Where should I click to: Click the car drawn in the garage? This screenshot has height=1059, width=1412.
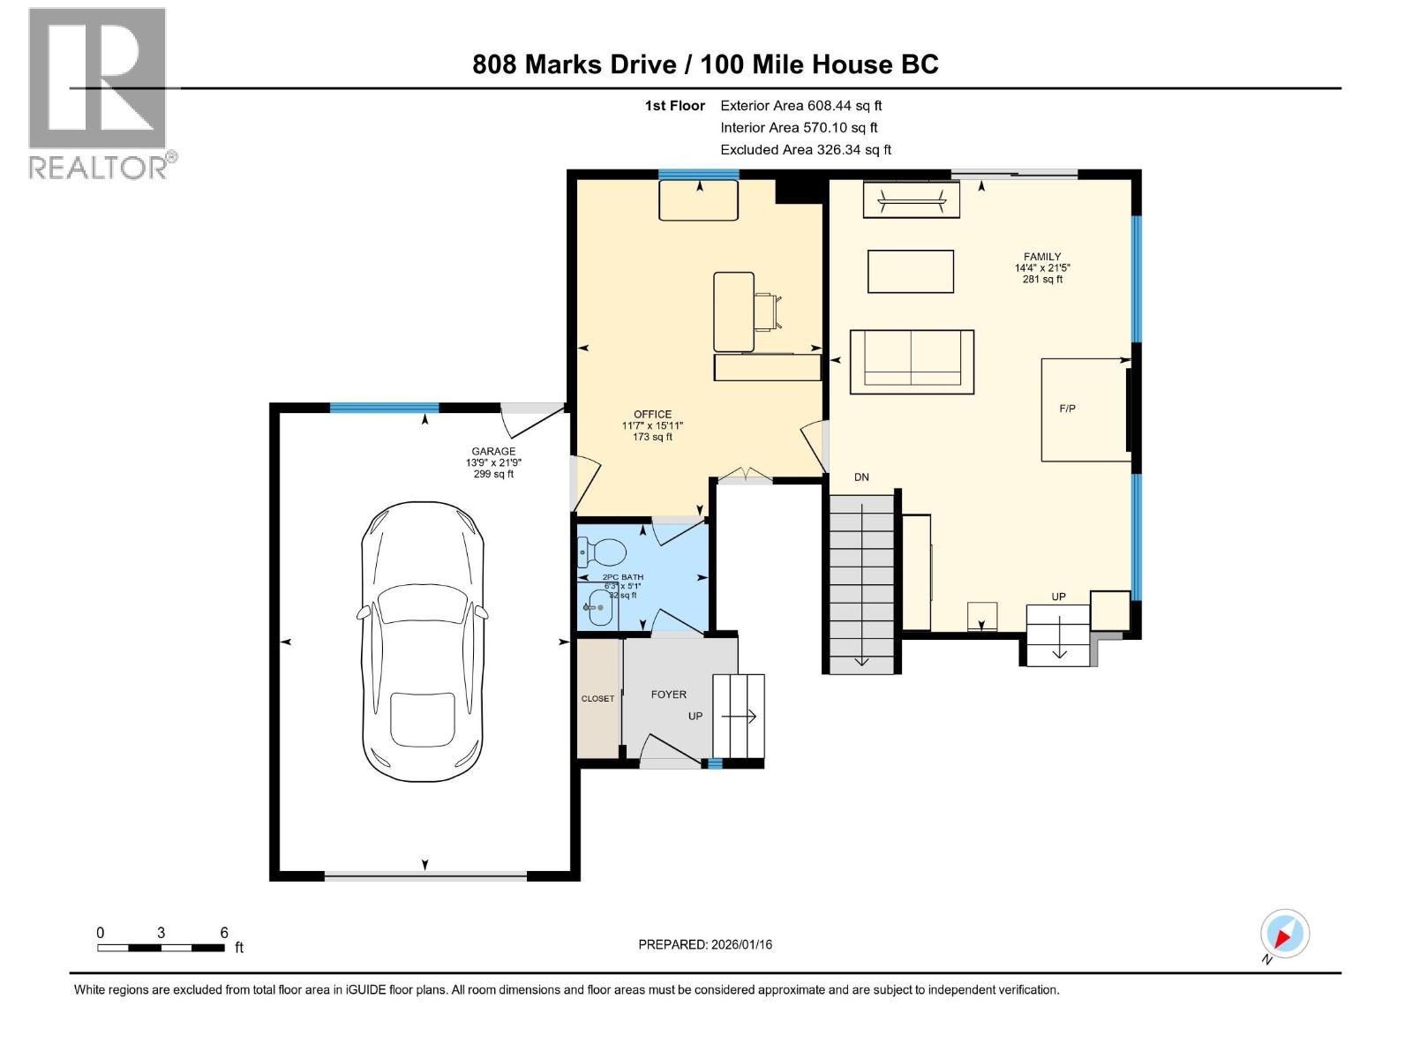pyautogui.click(x=424, y=642)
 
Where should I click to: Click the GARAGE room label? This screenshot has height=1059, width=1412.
pyautogui.click(x=493, y=452)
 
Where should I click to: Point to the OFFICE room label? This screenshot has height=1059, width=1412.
pyautogui.click(x=652, y=414)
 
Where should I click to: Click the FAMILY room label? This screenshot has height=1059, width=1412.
pyautogui.click(x=1042, y=257)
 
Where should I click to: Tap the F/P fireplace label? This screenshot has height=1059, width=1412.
pyautogui.click(x=1067, y=409)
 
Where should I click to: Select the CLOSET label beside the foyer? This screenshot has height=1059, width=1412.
pyautogui.click(x=597, y=699)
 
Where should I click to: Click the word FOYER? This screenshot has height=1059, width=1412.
pyautogui.click(x=668, y=695)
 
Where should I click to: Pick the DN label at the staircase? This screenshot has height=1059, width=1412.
pyautogui.click(x=861, y=477)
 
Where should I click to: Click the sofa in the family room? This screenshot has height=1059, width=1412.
pyautogui.click(x=912, y=362)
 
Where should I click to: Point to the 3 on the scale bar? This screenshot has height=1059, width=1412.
pyautogui.click(x=161, y=933)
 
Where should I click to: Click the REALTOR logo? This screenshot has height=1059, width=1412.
pyautogui.click(x=99, y=93)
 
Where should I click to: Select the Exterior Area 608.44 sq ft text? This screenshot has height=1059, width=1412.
pyautogui.click(x=800, y=106)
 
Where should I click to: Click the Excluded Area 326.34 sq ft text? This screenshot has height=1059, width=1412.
pyautogui.click(x=805, y=150)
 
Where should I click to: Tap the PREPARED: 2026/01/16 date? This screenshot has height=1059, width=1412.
pyautogui.click(x=705, y=944)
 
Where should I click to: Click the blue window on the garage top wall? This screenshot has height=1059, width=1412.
pyautogui.click(x=384, y=408)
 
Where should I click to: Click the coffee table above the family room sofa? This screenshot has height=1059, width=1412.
pyautogui.click(x=911, y=271)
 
